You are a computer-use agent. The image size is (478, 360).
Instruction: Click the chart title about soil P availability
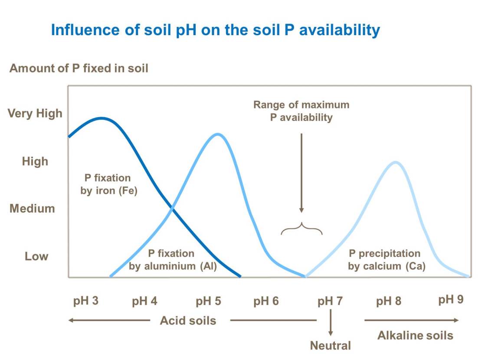click(x=216, y=30)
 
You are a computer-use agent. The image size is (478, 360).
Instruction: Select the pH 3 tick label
click(x=86, y=301)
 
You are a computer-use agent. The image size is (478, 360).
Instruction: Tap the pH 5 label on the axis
click(x=208, y=301)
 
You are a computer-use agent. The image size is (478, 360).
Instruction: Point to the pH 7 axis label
click(x=330, y=301)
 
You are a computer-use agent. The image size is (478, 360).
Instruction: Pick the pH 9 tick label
click(x=451, y=299)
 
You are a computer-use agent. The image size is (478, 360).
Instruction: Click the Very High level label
click(x=35, y=114)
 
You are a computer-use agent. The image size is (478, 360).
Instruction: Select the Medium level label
click(x=33, y=209)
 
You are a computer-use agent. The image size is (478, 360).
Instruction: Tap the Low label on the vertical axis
click(x=36, y=256)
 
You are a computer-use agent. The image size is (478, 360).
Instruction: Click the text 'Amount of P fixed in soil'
click(x=79, y=69)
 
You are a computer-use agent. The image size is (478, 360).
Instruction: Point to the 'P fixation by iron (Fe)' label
click(x=109, y=184)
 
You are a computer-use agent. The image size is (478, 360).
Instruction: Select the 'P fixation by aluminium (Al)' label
click(x=172, y=260)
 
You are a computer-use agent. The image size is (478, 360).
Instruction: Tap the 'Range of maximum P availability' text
click(x=301, y=111)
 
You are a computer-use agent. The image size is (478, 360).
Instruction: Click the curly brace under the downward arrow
click(x=301, y=229)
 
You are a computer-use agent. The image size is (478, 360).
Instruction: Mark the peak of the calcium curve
click(x=396, y=162)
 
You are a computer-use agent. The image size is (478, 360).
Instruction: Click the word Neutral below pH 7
click(x=330, y=346)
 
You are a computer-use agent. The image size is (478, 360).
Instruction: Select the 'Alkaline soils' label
click(x=415, y=335)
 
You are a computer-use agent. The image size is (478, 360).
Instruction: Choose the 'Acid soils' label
click(x=188, y=321)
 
